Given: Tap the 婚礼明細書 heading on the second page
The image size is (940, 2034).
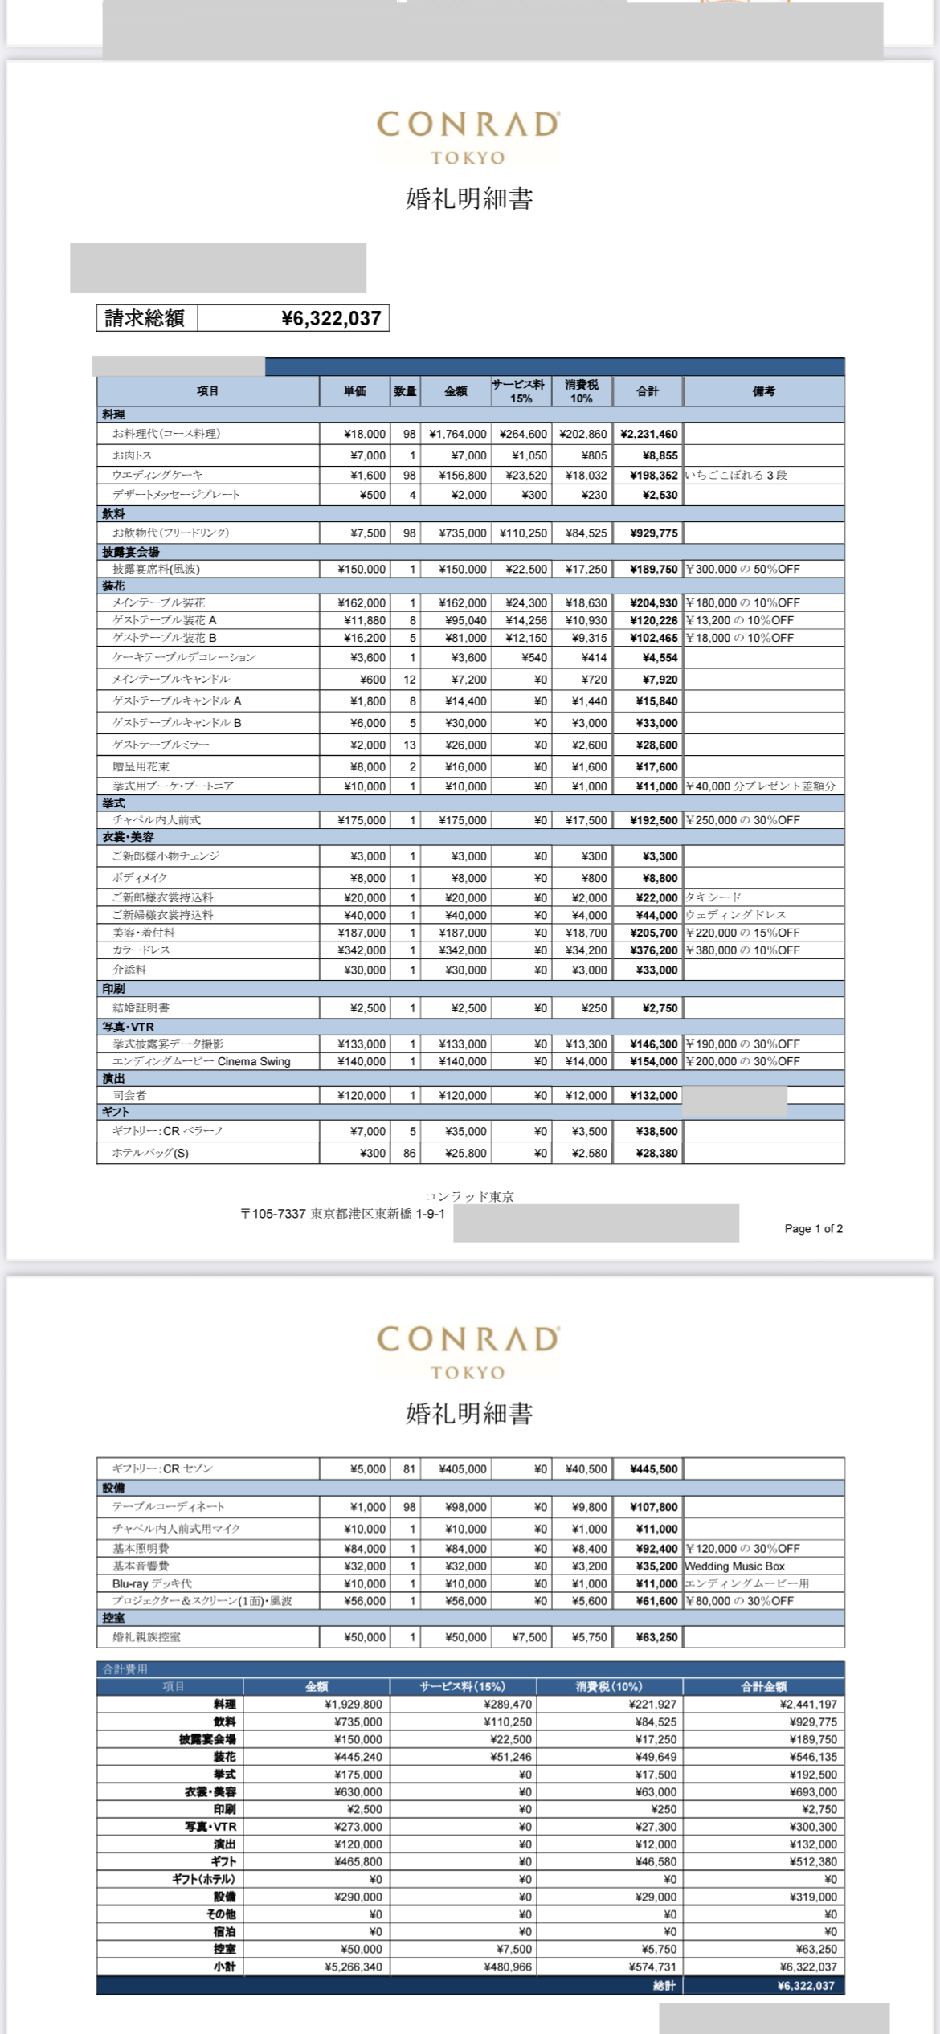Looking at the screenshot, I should pos(469,1413).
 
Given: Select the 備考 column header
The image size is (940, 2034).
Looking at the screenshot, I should pos(763,391).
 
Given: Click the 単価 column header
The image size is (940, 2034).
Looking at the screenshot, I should pos(354,391).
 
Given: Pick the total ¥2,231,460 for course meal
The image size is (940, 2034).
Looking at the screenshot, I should pos(649,434).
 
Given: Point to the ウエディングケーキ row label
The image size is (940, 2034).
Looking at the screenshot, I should pos(157,475).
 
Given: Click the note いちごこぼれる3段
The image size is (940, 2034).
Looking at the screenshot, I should pos(736,475).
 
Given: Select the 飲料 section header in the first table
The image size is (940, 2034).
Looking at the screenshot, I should pos(113,513).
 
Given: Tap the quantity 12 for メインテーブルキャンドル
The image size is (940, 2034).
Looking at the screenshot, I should pos(410,680).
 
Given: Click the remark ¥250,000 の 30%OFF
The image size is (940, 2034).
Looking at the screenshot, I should pos(742,820).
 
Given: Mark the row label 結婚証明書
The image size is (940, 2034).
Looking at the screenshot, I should pos(141,1007).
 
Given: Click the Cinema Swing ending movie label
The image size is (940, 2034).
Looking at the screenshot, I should pos(201,1061).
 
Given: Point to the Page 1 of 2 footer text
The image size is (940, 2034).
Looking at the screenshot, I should pos(813,1228).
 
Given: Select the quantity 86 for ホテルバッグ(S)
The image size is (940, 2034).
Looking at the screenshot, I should pos(410,1153).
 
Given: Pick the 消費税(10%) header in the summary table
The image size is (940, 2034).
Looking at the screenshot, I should pos(608,1686).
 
